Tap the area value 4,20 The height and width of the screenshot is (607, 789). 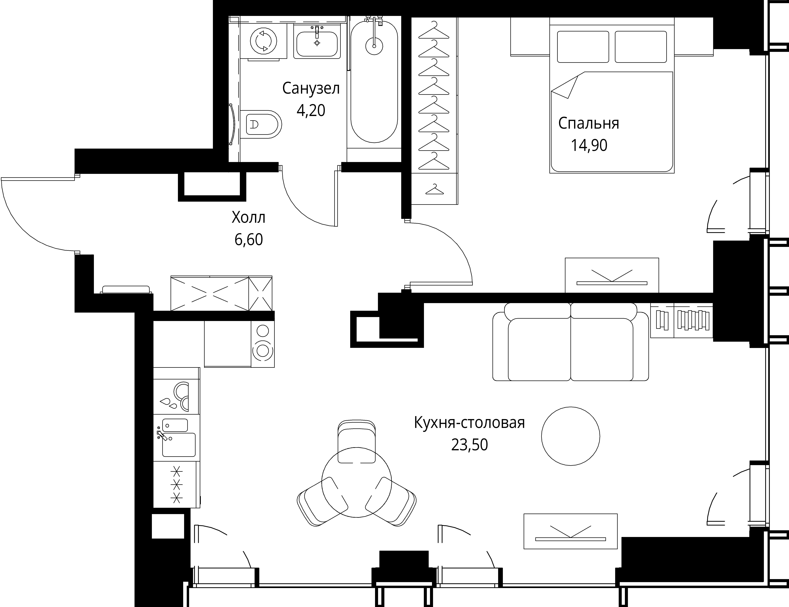tap(311, 110)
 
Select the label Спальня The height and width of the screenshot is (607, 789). tap(589, 123)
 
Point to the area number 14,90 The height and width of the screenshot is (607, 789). tap(589, 145)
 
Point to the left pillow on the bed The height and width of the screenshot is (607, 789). tap(583, 47)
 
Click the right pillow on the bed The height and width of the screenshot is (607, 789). tap(641, 47)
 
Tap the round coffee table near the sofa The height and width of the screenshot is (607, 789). tap(571, 436)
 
